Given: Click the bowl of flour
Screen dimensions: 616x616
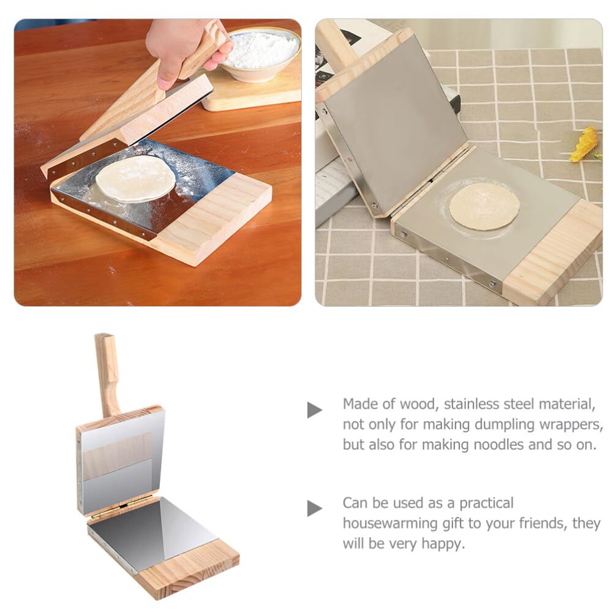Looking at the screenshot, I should pyautogui.click(x=260, y=52).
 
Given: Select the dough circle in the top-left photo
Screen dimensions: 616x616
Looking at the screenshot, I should pyautogui.click(x=135, y=178).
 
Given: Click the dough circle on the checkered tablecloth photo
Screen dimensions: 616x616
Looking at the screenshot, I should pyautogui.click(x=484, y=206).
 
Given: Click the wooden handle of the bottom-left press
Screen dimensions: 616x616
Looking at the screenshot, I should pyautogui.click(x=108, y=374).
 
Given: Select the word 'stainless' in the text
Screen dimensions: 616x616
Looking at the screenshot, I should pyautogui.click(x=479, y=404).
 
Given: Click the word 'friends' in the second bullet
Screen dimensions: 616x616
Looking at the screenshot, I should pyautogui.click(x=539, y=524).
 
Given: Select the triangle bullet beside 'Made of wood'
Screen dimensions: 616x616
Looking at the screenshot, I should pyautogui.click(x=314, y=410).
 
